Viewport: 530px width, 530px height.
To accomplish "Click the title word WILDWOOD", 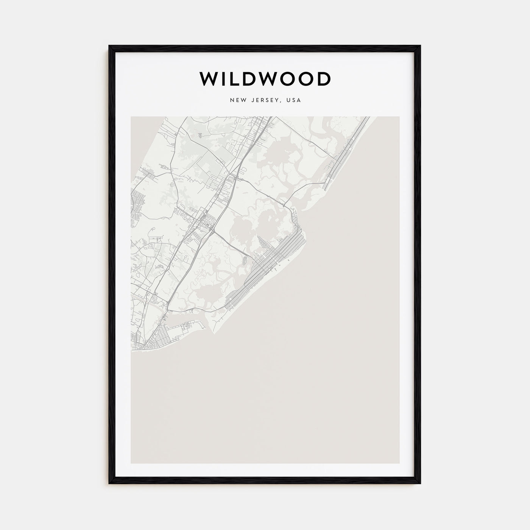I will click(x=265, y=79).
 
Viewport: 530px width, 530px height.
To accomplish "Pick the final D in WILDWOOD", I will click(x=323, y=79).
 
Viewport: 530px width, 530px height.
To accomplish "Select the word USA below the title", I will click(x=294, y=100).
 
